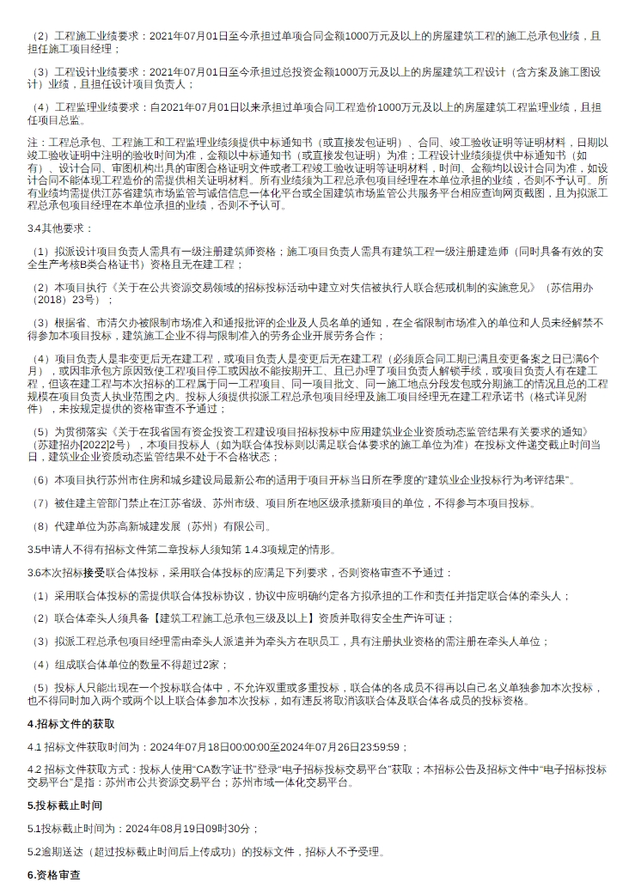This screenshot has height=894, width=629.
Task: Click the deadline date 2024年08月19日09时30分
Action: pyautogui.click(x=191, y=829)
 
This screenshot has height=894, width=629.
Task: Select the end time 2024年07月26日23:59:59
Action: pyautogui.click(x=339, y=747)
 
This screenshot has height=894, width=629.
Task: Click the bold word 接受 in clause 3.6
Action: pyautogui.click(x=94, y=572)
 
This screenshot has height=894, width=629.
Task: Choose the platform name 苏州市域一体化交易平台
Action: pyautogui.click(x=293, y=782)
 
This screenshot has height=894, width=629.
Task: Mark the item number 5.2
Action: pyautogui.click(x=34, y=852)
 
